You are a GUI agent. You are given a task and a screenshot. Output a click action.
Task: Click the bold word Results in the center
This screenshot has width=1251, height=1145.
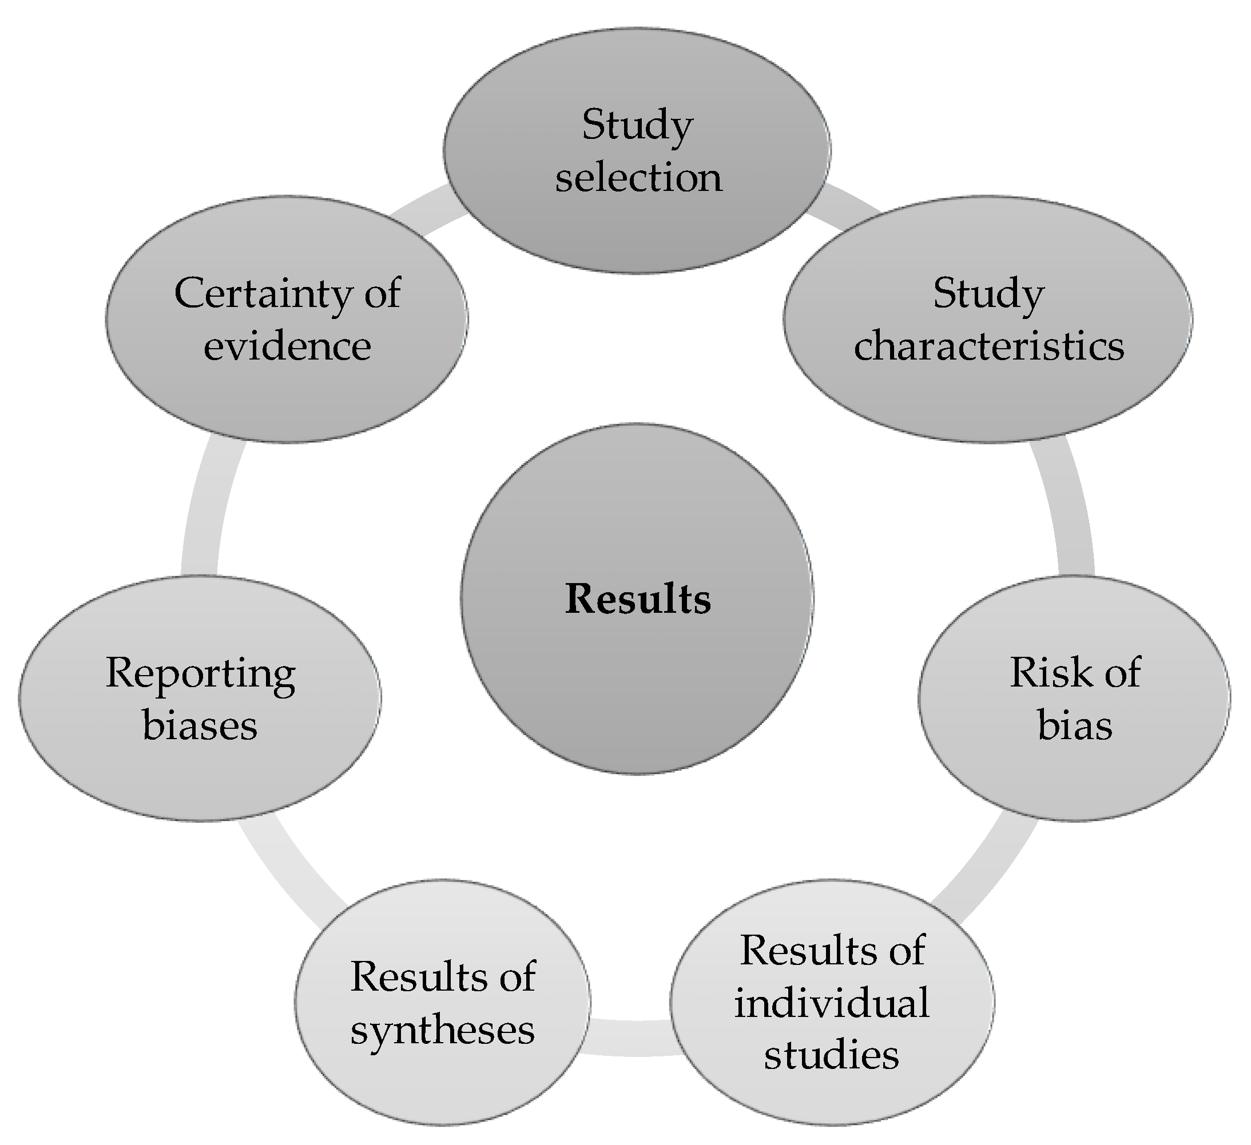pyautogui.click(x=638, y=600)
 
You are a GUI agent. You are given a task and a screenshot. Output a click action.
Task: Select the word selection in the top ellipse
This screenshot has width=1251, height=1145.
pyautogui.click(x=638, y=177)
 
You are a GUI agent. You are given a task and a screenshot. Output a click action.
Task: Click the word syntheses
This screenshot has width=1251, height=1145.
pyautogui.click(x=442, y=1031)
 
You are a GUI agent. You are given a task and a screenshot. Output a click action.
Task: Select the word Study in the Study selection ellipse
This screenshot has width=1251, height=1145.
pyautogui.click(x=637, y=125)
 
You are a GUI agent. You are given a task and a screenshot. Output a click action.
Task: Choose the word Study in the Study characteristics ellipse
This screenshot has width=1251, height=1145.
pyautogui.click(x=988, y=294)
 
